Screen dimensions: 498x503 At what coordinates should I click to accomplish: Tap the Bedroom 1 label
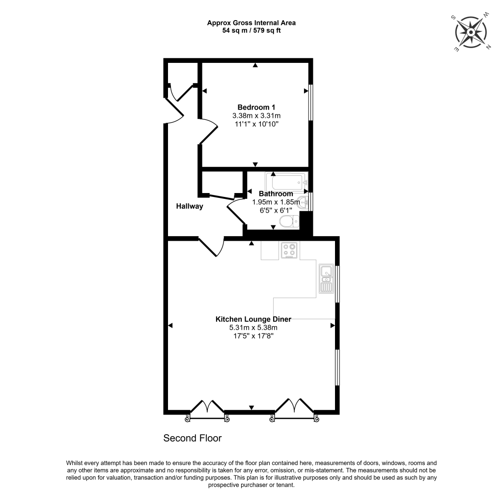pos(256,108)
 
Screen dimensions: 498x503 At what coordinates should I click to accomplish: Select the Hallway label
pos(190,206)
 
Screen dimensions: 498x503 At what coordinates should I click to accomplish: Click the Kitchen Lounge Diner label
pos(253,319)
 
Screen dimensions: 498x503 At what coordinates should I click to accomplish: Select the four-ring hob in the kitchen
pos(288,250)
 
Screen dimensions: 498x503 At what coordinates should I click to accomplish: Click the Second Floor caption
pos(193,438)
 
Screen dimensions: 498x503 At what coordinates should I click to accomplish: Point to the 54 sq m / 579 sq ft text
pos(251,30)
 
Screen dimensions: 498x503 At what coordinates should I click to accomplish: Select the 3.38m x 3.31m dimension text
pos(256,116)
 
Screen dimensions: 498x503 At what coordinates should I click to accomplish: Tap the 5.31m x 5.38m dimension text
pos(253,328)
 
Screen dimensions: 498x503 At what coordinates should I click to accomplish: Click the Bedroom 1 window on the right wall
pos(310,103)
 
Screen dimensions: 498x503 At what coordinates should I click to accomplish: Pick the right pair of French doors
pos(294,408)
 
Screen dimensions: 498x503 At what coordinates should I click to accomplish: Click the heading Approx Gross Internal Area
pos(251,23)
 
